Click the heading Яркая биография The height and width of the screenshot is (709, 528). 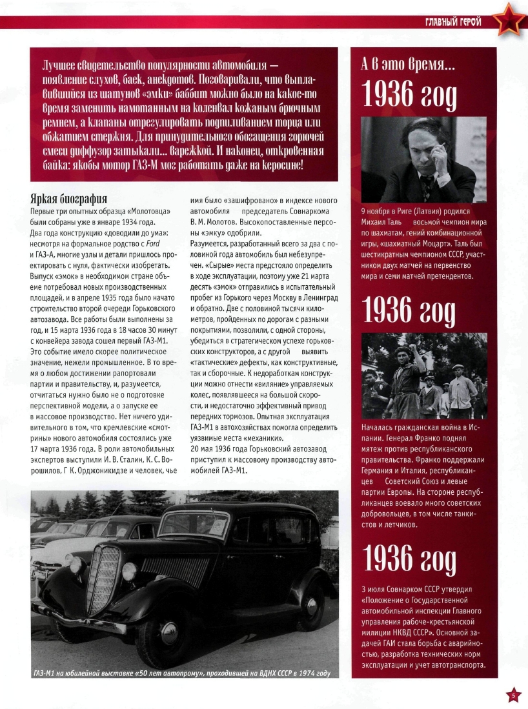pos(69,199)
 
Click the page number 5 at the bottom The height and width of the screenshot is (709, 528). pos(513,695)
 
